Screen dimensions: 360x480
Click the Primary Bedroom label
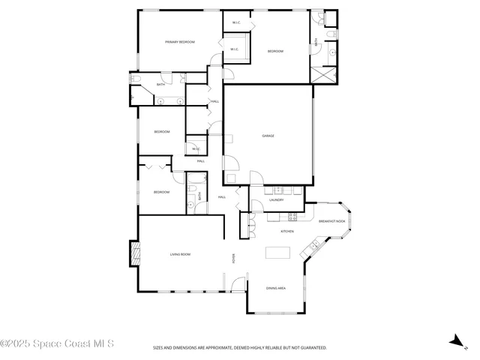180,42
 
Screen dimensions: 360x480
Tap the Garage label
268,136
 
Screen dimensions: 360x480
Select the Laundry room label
275,200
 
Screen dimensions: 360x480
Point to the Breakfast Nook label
331,221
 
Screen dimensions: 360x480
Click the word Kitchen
286,231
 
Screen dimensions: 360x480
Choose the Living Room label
180,254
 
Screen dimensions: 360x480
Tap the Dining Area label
276,288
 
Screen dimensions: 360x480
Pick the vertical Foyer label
234,259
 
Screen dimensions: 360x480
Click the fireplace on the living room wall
134,253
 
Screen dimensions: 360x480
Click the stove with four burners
292,217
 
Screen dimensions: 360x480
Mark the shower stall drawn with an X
324,74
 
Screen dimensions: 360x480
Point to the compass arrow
454,341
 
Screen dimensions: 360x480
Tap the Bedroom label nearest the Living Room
162,192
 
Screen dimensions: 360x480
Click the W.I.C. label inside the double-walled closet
235,49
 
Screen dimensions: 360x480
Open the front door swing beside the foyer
238,285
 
